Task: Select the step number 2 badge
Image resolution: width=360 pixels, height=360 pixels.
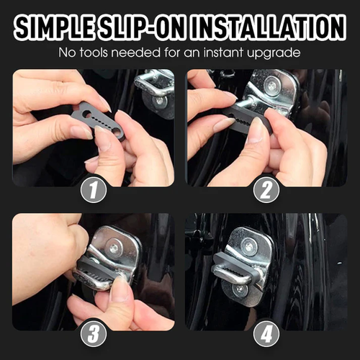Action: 267,189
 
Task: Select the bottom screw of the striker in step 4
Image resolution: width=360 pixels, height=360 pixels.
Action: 240,289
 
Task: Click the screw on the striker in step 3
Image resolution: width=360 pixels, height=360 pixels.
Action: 112,247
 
